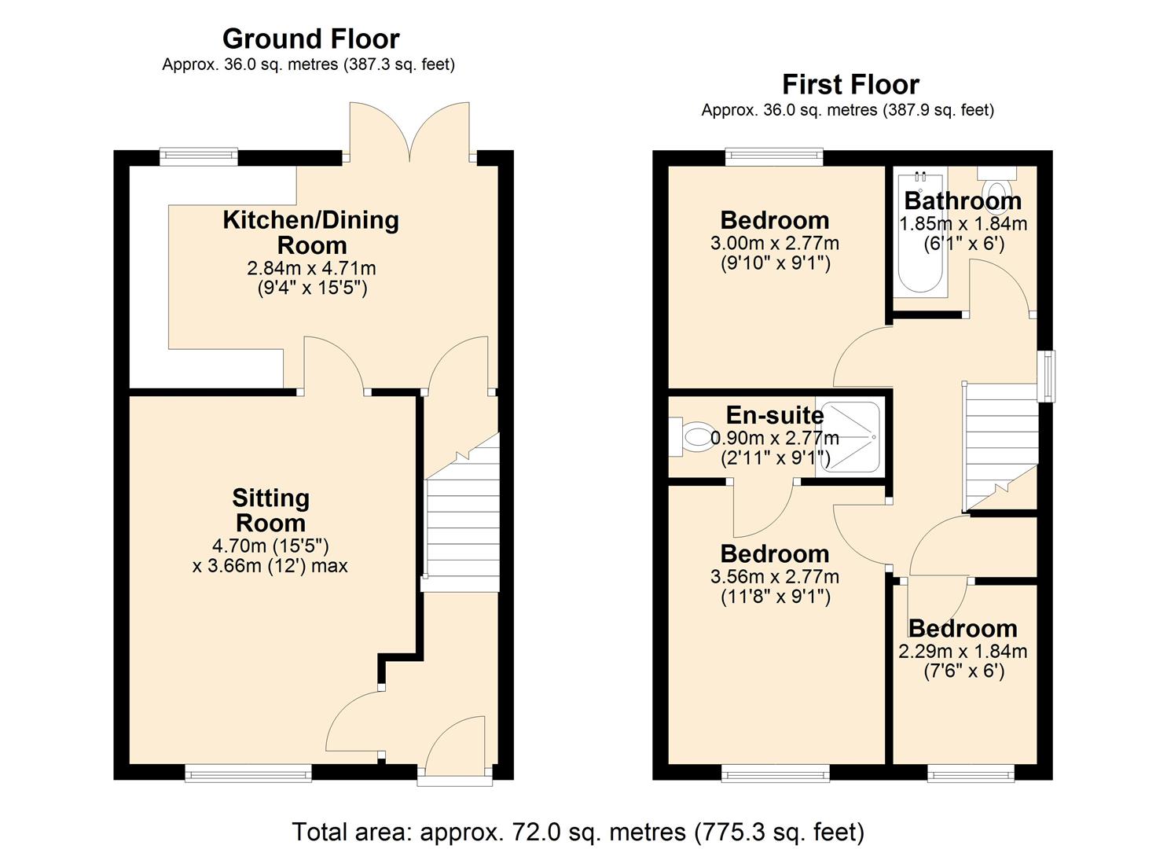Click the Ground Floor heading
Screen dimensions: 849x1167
tap(310, 39)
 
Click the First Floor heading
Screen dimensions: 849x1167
tap(850, 84)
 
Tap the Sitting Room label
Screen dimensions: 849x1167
tap(270, 510)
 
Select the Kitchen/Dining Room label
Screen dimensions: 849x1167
tap(310, 232)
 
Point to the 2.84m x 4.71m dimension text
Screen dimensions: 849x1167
tap(311, 269)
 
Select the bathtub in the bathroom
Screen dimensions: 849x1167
tap(919, 236)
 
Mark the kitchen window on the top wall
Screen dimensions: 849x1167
tap(198, 156)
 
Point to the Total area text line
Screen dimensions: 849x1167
tap(578, 831)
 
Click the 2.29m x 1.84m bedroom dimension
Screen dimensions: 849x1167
tap(963, 651)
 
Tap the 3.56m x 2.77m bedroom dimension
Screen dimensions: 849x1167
tap(774, 576)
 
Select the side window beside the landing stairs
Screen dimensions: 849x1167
tap(1045, 377)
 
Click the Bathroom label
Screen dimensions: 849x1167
tap(962, 201)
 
